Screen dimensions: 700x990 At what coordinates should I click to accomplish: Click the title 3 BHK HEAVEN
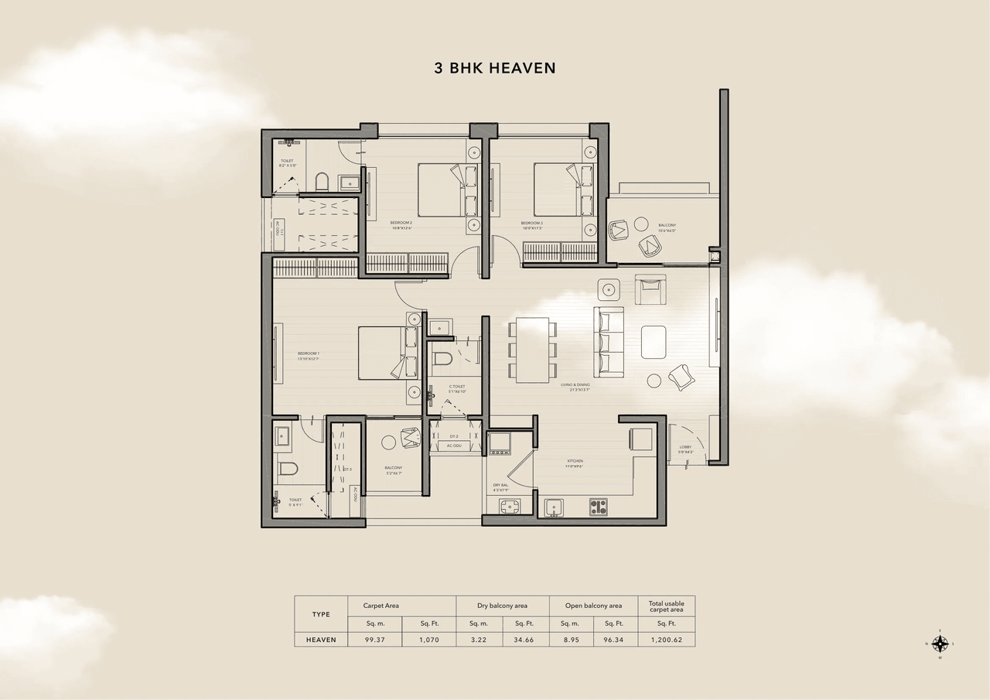point(495,68)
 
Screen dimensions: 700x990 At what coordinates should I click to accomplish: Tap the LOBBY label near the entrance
point(686,449)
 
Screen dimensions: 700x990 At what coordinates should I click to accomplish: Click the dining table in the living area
point(532,350)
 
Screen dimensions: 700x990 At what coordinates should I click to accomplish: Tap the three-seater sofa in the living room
point(609,341)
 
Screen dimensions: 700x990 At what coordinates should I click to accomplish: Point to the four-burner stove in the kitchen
point(599,507)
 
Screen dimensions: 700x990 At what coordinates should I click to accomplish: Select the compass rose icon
point(940,644)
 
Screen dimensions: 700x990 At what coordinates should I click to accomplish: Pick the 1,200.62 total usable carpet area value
point(666,640)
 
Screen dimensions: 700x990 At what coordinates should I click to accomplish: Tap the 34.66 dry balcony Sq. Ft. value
point(524,640)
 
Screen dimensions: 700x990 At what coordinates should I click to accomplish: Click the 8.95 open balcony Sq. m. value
point(571,640)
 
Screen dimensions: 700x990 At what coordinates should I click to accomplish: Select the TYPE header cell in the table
point(321,614)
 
